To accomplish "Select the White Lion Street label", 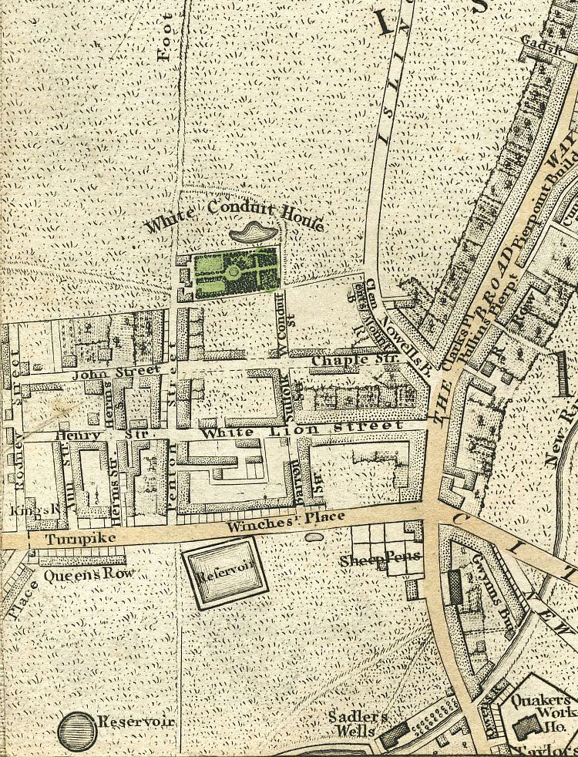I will pyautogui.click(x=302, y=429).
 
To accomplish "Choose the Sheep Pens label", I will pyautogui.click(x=375, y=560).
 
